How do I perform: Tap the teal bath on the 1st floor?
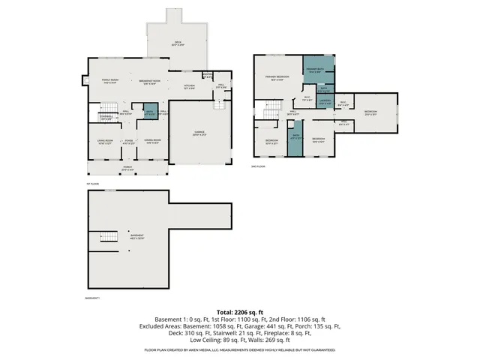[x=150, y=113]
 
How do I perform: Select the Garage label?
[x=199, y=133]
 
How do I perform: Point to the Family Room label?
[x=111, y=81]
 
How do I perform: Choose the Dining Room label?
[x=153, y=141]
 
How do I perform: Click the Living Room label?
[x=104, y=141]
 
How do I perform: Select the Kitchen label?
[x=190, y=87]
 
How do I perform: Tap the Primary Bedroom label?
[x=277, y=78]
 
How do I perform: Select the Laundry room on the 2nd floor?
[x=324, y=101]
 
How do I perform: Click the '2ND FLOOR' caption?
[x=259, y=166]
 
